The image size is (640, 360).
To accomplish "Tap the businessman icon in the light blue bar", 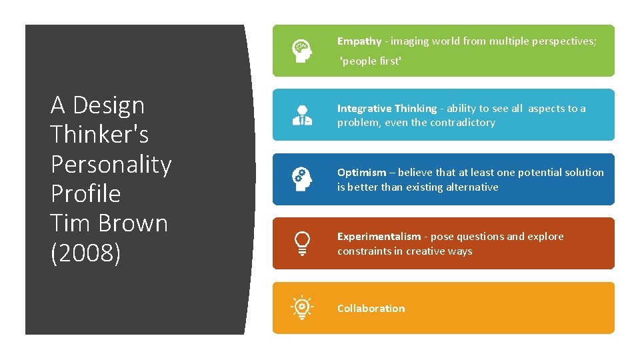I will (x=302, y=115).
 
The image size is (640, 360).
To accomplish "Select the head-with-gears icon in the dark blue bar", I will (x=302, y=179).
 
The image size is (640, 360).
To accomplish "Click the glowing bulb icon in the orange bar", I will (x=302, y=308).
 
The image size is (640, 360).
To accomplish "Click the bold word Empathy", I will (x=359, y=41).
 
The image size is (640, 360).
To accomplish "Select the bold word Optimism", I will (x=361, y=173).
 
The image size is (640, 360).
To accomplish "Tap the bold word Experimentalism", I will (x=379, y=237).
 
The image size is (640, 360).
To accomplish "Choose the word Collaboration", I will (x=371, y=308).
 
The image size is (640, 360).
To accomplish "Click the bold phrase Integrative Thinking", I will (x=387, y=109).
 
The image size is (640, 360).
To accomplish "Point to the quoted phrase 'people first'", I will (x=371, y=61).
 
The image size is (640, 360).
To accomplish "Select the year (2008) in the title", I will (x=85, y=253).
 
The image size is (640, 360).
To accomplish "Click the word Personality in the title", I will (x=111, y=164).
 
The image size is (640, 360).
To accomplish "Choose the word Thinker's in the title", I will (x=99, y=135).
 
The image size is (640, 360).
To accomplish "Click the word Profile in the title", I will (x=85, y=193).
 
